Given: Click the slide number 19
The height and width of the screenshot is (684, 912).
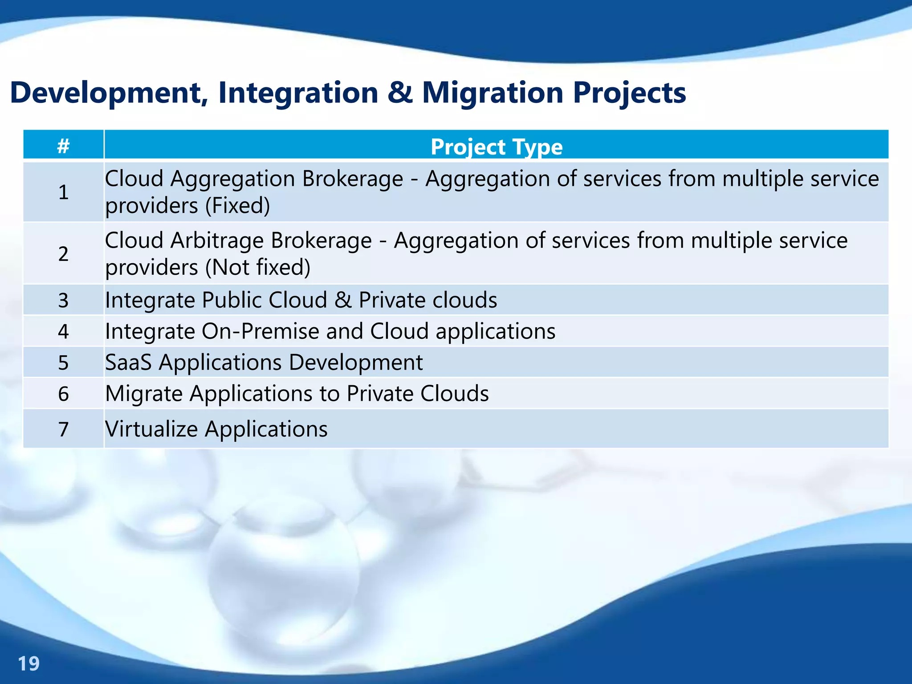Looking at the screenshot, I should tap(28, 664).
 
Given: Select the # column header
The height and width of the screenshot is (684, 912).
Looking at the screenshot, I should tap(63, 146).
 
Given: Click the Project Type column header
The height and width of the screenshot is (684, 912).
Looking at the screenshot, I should tap(496, 147).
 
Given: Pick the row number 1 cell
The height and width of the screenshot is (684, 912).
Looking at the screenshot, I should tap(63, 192).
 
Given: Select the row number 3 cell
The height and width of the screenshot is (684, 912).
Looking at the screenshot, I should tap(63, 300).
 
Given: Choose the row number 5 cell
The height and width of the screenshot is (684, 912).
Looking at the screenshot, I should tap(63, 362).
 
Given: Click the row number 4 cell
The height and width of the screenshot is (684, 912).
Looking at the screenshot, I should tap(63, 331).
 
